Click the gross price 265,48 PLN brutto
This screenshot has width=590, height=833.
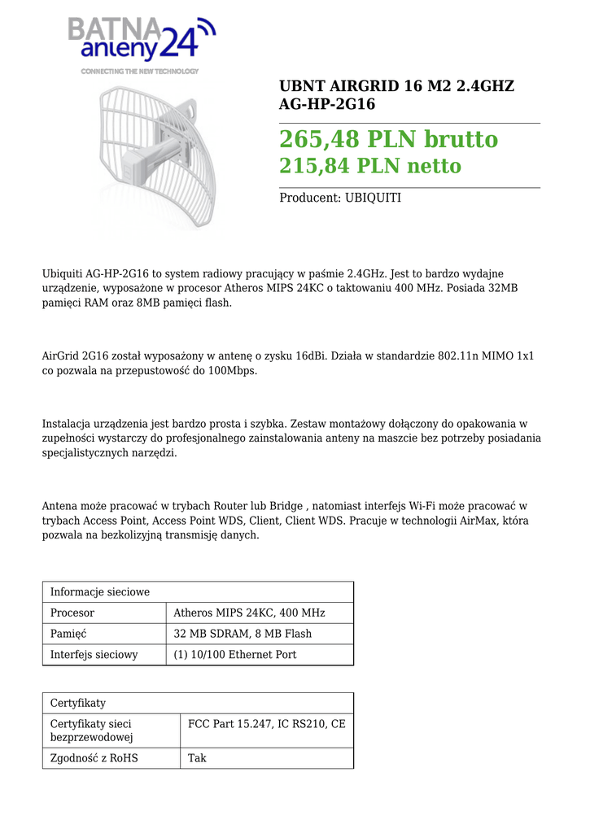[388, 139]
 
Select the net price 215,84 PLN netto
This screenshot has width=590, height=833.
[370, 166]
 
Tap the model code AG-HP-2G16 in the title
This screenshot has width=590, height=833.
[327, 104]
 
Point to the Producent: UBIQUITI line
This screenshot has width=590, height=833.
[340, 198]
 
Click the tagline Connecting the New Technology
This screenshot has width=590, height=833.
[139, 72]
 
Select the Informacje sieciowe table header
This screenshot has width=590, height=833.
[100, 591]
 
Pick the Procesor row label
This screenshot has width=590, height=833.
[72, 613]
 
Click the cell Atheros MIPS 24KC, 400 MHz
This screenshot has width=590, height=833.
[249, 613]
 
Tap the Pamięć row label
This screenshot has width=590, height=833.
[68, 634]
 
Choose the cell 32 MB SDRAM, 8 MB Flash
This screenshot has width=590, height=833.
[243, 634]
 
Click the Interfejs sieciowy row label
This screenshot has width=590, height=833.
[94, 655]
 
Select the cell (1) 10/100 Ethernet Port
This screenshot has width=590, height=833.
[235, 655]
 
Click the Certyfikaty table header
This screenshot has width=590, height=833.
[78, 703]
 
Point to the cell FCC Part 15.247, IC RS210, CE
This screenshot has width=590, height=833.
[267, 723]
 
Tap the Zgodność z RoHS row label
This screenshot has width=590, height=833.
[94, 758]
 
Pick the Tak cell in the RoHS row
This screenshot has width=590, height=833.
[197, 758]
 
